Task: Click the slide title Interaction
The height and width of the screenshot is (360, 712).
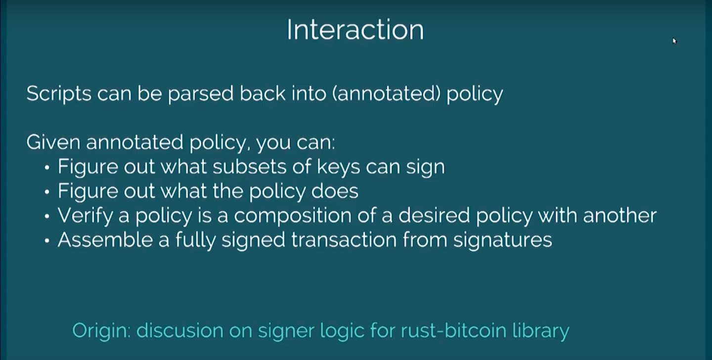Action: tap(356, 30)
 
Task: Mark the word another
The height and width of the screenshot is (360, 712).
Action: tap(620, 216)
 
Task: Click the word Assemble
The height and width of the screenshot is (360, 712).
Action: tap(105, 240)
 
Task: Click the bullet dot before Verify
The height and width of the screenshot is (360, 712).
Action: tap(47, 217)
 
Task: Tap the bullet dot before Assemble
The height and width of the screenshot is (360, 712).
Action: tap(47, 241)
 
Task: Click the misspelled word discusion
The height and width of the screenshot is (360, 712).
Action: tap(180, 330)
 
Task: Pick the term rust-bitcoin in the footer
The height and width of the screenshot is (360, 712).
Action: tap(453, 330)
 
